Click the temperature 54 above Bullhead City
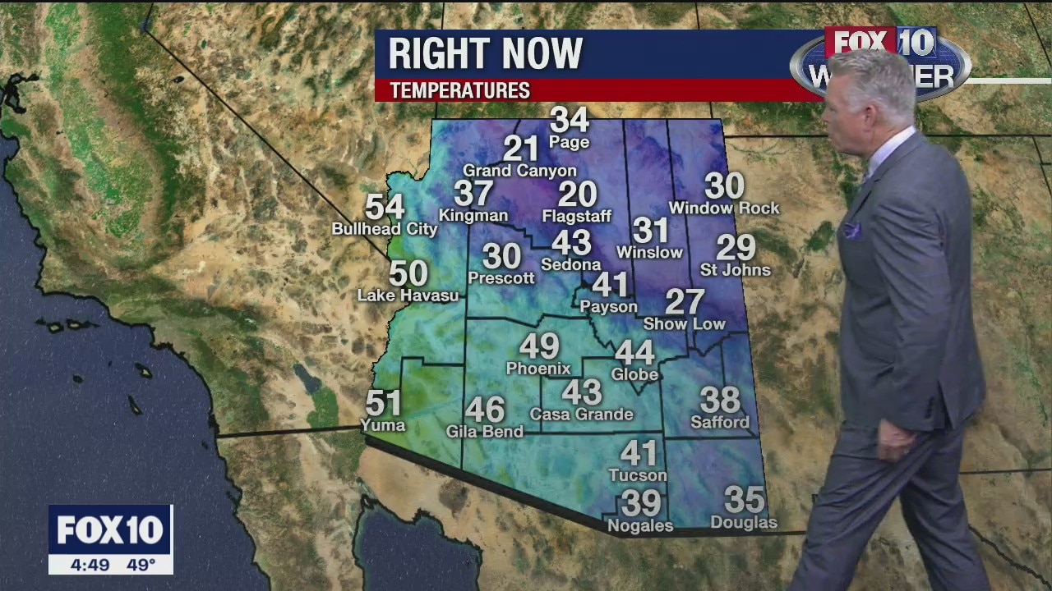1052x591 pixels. [385, 207]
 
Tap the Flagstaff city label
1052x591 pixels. [577, 217]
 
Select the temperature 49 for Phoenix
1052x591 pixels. [539, 346]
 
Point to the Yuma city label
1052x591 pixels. [383, 425]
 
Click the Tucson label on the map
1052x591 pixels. [638, 475]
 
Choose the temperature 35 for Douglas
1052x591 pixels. [745, 499]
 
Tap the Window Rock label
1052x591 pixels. [724, 208]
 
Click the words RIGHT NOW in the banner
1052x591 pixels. [485, 54]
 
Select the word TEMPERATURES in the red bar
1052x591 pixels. [459, 90]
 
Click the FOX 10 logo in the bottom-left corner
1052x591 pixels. [110, 530]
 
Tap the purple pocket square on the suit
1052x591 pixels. [851, 231]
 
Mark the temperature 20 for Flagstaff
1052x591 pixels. [577, 195]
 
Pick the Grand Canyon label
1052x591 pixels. [519, 171]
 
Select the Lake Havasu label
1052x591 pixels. [408, 295]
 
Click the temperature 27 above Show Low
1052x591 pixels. [685, 301]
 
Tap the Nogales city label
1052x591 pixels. [639, 526]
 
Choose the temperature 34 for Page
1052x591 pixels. [570, 120]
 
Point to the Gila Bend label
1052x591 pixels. [484, 432]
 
